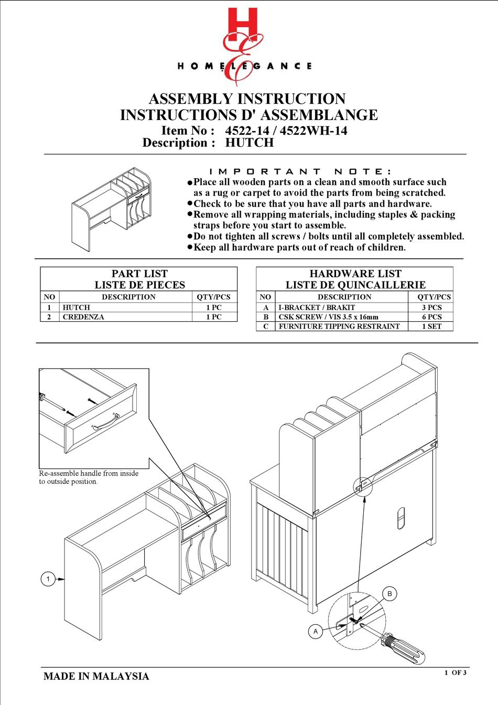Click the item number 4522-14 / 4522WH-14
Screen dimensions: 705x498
(286, 131)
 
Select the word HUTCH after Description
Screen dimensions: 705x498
(250, 143)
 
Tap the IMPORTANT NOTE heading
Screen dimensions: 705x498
(300, 171)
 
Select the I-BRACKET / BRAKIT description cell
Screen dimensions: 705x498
(317, 308)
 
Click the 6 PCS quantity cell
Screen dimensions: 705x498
(431, 317)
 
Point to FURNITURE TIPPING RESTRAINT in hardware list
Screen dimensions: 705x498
(339, 326)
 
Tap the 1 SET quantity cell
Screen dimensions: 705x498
(431, 326)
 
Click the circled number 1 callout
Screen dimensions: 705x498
(48, 579)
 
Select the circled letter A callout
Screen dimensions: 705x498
(316, 631)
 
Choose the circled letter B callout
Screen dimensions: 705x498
(389, 594)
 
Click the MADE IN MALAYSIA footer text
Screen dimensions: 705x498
(96, 676)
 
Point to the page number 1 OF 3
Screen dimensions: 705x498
(455, 673)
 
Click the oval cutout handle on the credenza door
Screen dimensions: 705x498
(401, 518)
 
